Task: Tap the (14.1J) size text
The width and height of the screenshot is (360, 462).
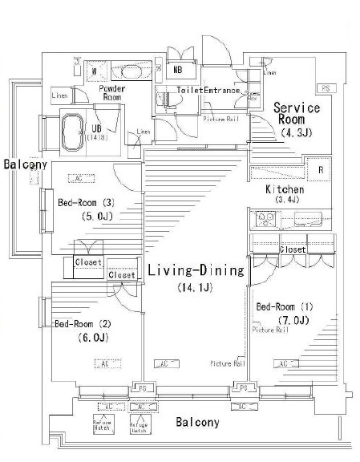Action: point(195,287)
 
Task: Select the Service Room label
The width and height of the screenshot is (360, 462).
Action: point(297,113)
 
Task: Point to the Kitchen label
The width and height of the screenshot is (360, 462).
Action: point(285,189)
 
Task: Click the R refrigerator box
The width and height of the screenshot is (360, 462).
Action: point(320,170)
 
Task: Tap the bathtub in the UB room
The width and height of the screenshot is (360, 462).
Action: point(77,132)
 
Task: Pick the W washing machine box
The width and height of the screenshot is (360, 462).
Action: point(95,71)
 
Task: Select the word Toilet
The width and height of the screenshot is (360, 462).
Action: point(189,91)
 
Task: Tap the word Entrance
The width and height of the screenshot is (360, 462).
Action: point(222,91)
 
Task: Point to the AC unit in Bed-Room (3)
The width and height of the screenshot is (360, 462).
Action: point(78,178)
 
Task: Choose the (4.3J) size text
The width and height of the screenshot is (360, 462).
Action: point(295,133)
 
